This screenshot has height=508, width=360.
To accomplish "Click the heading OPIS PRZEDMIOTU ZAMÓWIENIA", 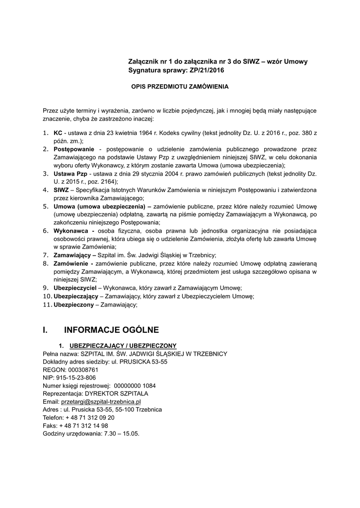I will (x=179, y=86).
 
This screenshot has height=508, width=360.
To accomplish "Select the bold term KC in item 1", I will (x=58, y=133).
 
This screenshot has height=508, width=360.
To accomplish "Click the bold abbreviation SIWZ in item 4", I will (x=62, y=190).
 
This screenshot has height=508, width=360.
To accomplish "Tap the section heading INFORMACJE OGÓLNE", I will (x=111, y=329).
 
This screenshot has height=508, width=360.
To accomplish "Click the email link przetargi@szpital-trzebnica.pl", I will (x=101, y=401).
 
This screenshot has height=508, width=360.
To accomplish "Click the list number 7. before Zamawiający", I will (x=45, y=255).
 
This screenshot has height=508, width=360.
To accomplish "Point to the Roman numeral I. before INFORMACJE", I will (x=45, y=329).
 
